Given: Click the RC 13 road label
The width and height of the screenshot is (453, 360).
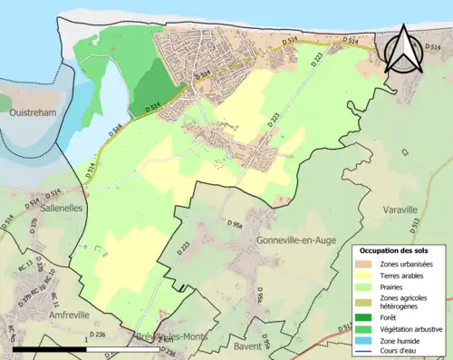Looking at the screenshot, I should click(x=28, y=262).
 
